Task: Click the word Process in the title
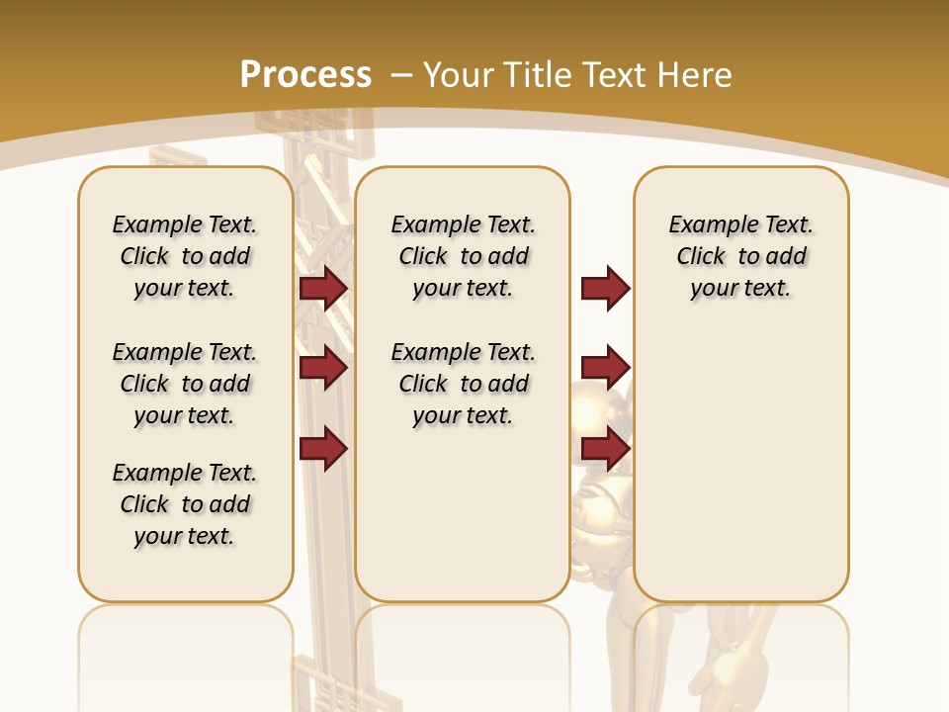click(x=305, y=74)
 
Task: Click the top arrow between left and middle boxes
click(x=323, y=289)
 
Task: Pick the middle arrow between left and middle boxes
click(x=323, y=368)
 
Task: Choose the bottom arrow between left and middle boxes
click(x=323, y=448)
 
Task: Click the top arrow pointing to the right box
click(x=605, y=289)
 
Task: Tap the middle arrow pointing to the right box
click(x=605, y=368)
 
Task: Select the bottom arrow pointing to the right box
click(x=605, y=448)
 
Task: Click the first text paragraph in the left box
click(x=185, y=256)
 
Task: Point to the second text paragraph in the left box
click(x=185, y=384)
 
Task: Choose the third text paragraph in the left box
click(x=185, y=504)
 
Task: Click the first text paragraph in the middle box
click(x=463, y=256)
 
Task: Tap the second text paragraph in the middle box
click(x=463, y=384)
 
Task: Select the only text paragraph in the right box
click(x=740, y=256)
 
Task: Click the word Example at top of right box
click(x=705, y=225)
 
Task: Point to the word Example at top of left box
click(x=148, y=225)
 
